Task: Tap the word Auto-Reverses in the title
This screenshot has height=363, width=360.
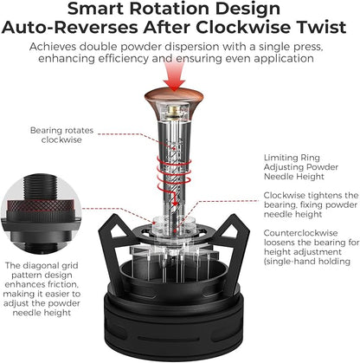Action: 70,28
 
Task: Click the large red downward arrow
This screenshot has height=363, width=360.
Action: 174,75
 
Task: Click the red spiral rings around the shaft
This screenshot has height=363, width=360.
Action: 173,171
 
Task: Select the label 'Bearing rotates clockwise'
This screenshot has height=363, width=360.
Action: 61,135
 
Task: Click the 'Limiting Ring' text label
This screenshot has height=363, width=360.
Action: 292,158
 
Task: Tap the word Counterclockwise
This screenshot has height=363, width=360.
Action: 300,233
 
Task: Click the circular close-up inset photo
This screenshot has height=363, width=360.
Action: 41,214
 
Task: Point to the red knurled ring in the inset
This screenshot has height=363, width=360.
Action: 41,205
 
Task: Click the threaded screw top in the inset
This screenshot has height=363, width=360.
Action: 41,187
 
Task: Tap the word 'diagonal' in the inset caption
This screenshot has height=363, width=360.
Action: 41,266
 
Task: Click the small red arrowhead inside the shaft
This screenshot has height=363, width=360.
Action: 175,204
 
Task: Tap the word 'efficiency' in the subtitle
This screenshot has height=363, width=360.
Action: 124,58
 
